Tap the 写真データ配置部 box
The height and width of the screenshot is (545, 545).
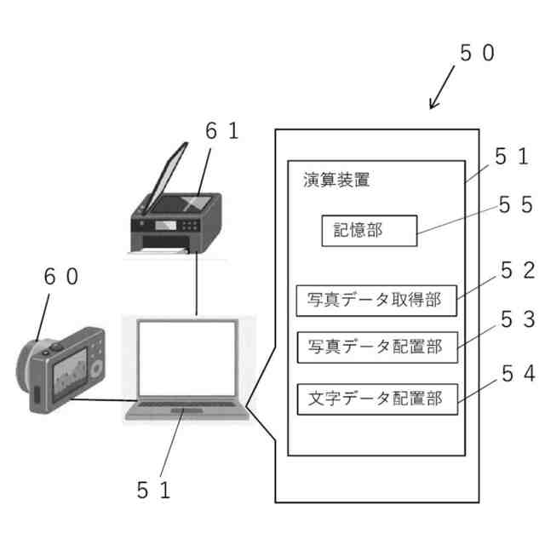[x=376, y=347]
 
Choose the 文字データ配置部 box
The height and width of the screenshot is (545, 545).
[x=376, y=399]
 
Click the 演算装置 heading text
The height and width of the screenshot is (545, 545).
[x=336, y=181]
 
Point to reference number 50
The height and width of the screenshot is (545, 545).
[x=477, y=53]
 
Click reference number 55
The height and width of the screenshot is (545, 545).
[x=514, y=205]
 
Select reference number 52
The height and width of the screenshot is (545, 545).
[x=514, y=272]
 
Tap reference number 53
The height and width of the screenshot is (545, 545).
[x=514, y=320]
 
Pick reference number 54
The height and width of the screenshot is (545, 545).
[x=514, y=372]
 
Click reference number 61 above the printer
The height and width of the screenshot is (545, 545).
[x=222, y=130]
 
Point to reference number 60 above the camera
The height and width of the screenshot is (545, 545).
[x=60, y=278]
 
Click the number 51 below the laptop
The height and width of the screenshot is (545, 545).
[x=154, y=490]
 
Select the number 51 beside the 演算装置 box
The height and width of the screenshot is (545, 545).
[x=512, y=157]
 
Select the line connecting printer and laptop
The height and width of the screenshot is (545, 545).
[x=197, y=285]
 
